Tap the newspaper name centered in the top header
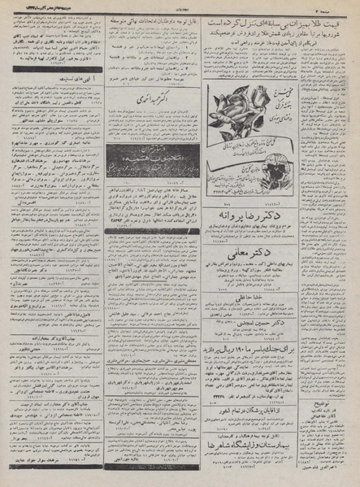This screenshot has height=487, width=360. pos(180,5)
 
